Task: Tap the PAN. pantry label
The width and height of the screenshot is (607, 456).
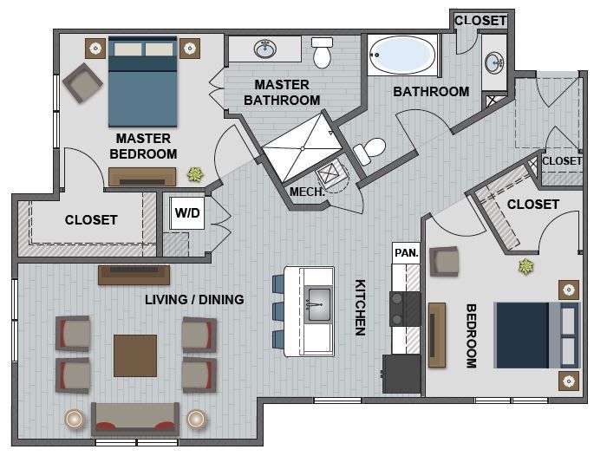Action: click(405, 253)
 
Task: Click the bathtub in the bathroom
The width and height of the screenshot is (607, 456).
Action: click(401, 55)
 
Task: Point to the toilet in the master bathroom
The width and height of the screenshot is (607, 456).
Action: click(323, 54)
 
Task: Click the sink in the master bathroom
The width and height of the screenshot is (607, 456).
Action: click(265, 49)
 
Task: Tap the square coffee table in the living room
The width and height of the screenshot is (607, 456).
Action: click(135, 355)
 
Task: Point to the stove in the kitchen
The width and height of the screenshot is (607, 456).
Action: click(403, 309)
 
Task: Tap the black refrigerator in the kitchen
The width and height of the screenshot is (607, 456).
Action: click(401, 373)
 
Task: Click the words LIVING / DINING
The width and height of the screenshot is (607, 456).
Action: click(193, 300)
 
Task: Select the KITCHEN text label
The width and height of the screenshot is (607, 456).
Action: click(360, 307)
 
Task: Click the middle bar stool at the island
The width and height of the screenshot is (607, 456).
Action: click(279, 310)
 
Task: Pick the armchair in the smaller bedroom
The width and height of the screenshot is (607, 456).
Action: click(444, 261)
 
